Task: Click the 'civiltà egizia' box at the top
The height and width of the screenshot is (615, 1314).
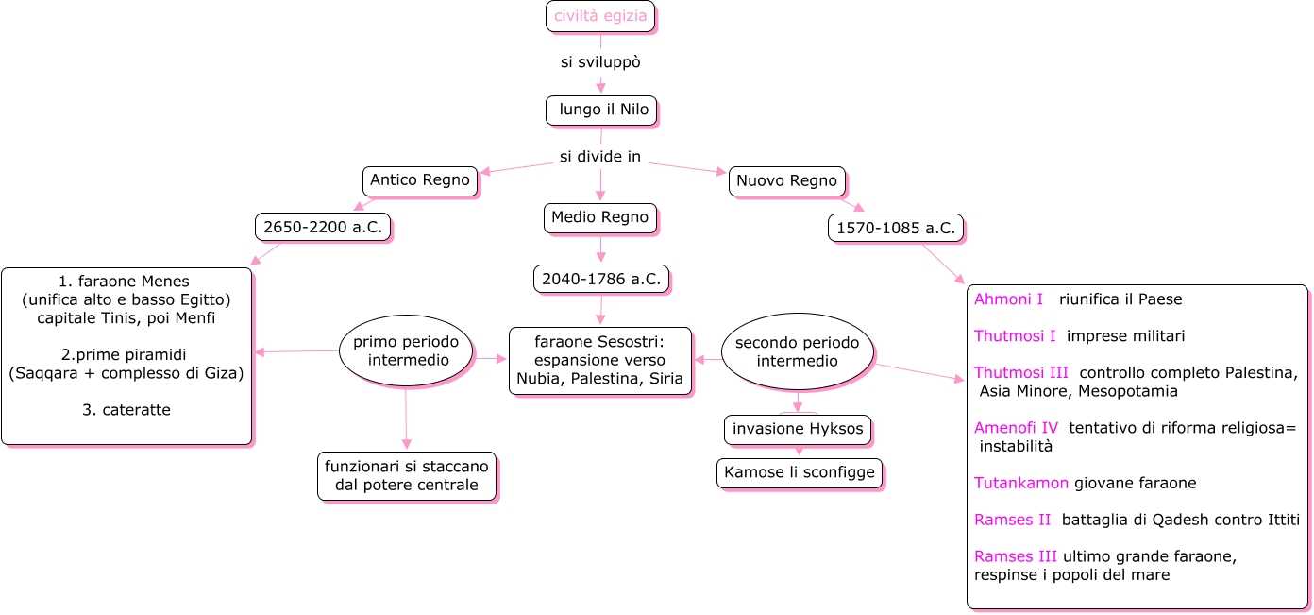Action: [600, 16]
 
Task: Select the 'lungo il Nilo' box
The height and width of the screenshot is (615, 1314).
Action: [601, 110]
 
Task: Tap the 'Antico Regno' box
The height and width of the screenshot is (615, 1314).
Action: [420, 180]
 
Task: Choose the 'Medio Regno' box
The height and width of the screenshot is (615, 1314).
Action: [600, 217]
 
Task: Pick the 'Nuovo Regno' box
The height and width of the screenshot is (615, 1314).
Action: [786, 180]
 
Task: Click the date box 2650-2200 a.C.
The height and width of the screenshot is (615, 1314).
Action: [323, 227]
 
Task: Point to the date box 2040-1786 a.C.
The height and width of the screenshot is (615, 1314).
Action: [600, 279]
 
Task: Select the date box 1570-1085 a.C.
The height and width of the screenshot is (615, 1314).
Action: [895, 228]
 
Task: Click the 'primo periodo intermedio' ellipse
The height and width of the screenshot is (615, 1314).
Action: [406, 350]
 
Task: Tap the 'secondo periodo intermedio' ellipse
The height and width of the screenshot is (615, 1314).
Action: [798, 350]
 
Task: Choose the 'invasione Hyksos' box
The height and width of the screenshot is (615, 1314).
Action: [798, 429]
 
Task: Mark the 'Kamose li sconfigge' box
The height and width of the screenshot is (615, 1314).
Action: [800, 472]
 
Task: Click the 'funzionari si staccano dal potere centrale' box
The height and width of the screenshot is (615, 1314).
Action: [407, 476]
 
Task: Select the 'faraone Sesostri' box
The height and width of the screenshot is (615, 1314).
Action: [600, 360]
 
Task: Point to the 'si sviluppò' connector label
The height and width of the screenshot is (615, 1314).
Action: [600, 62]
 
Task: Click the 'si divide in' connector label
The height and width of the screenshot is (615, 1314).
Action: [600, 157]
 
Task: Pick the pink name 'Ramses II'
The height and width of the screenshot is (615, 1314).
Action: [1012, 520]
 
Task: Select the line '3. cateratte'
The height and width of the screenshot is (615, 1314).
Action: [126, 410]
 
